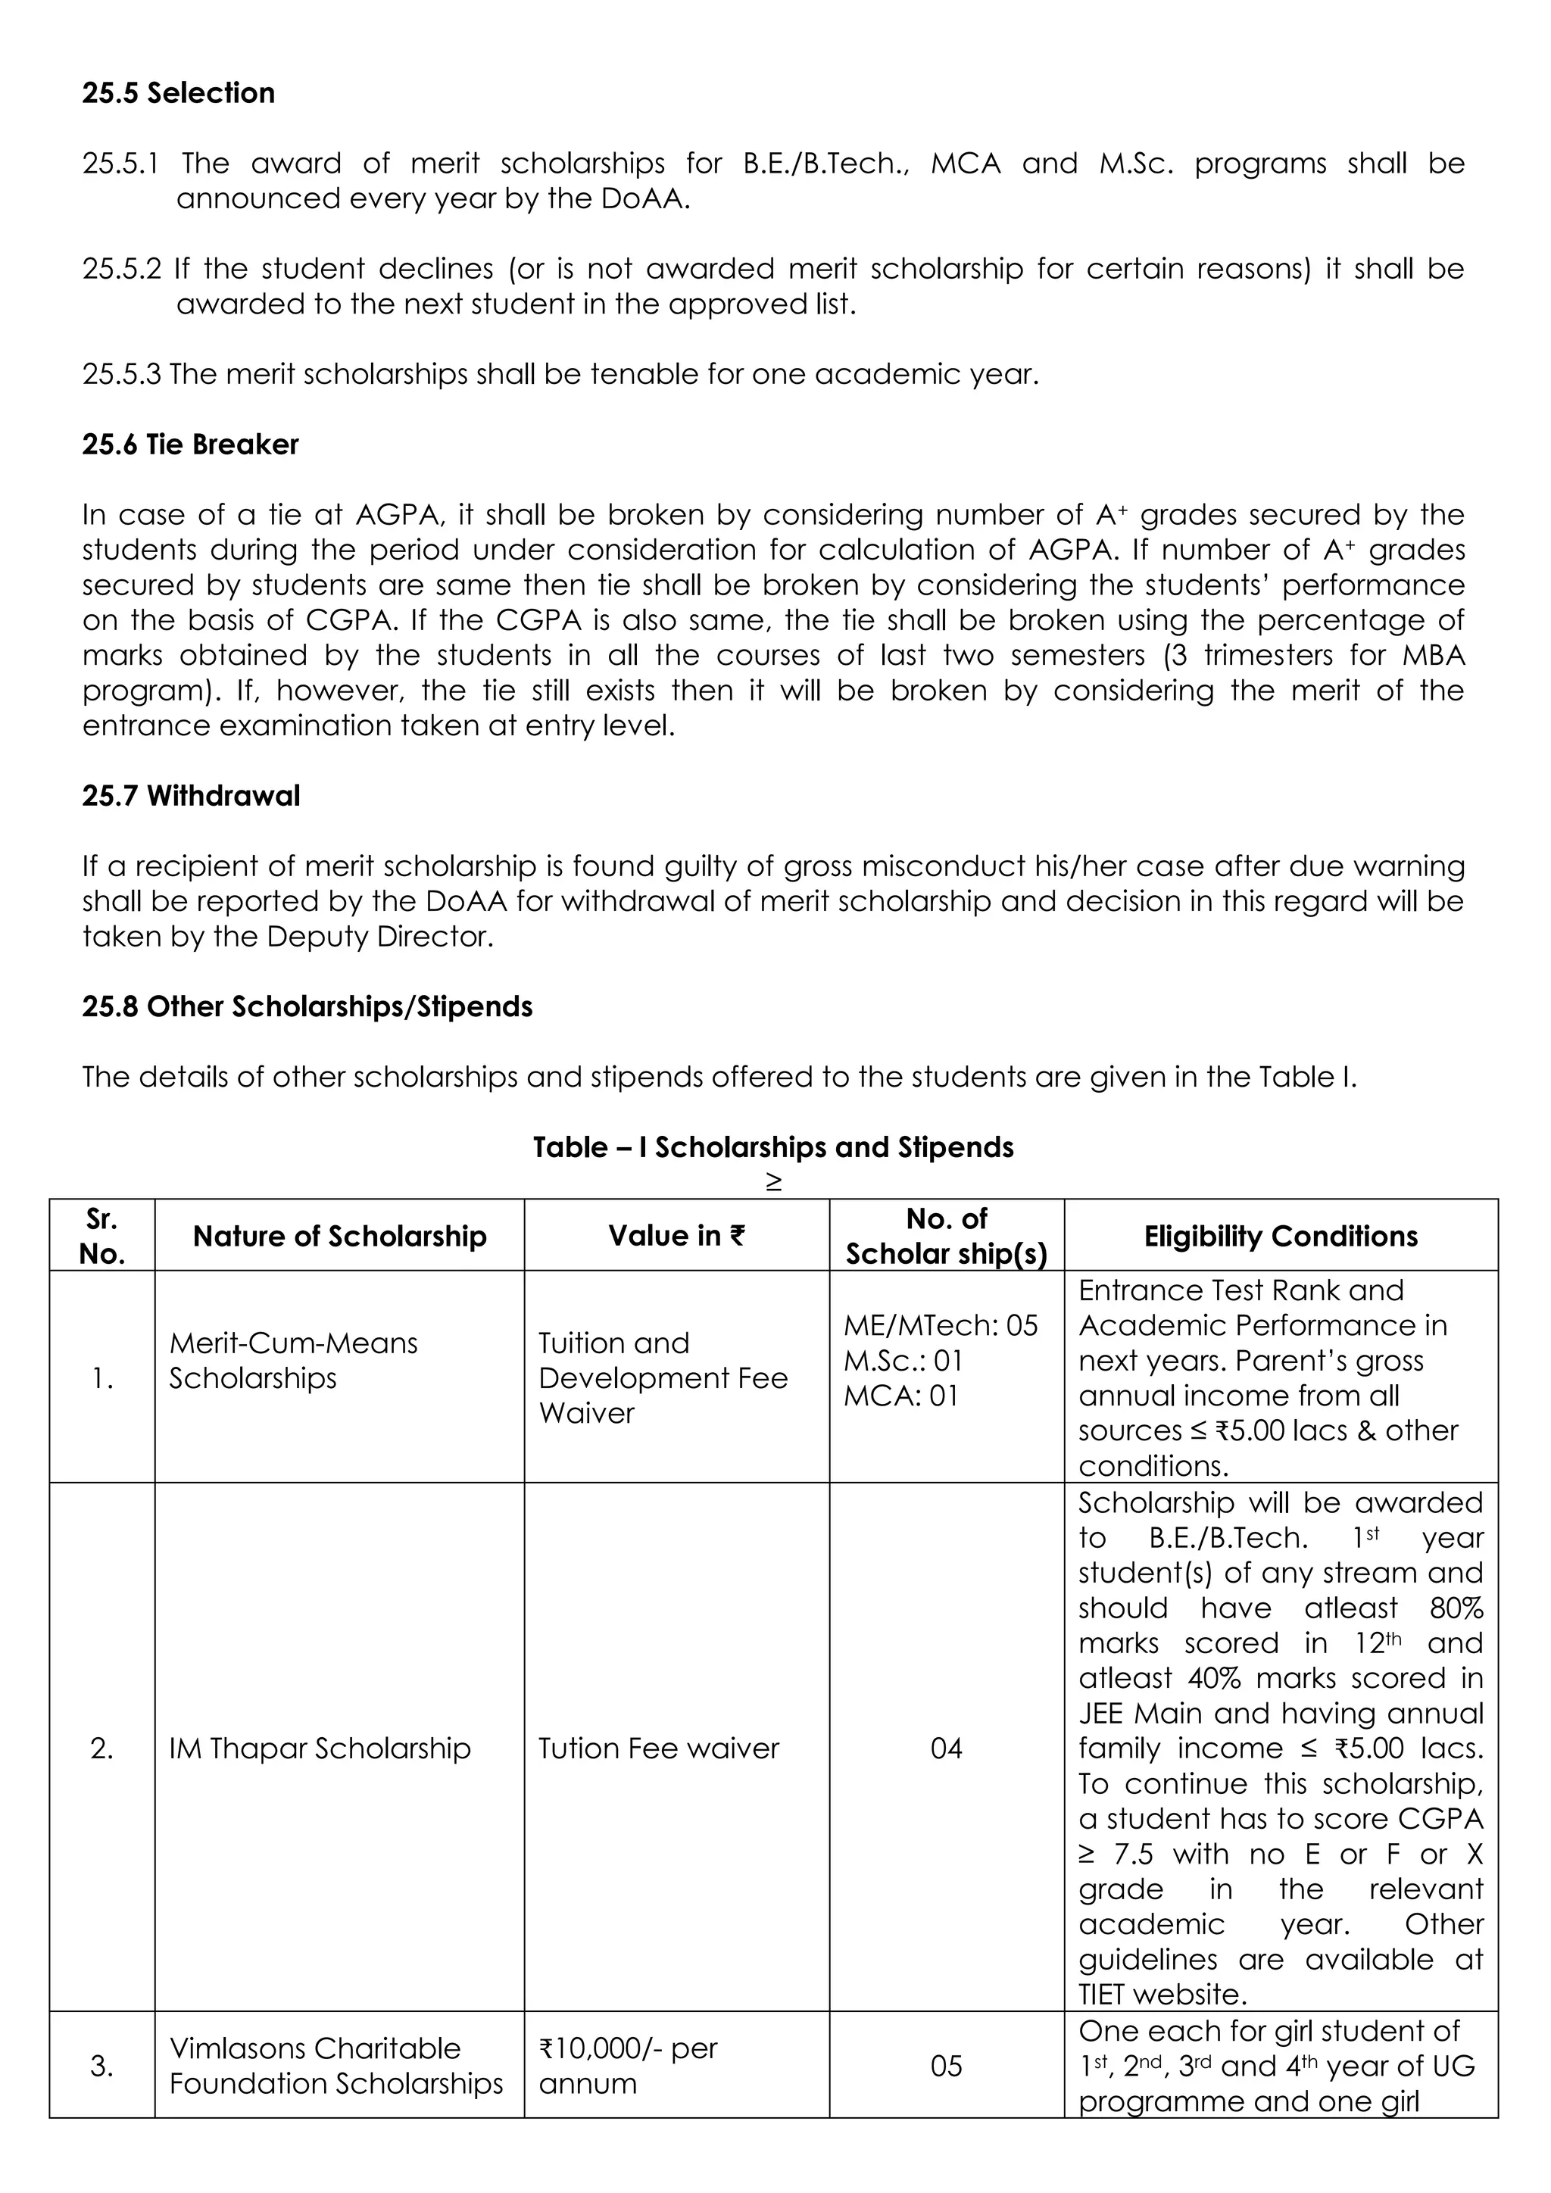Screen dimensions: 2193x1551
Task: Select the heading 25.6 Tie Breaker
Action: pyautogui.click(x=190, y=445)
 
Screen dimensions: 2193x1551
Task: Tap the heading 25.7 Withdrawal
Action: pyautogui.click(x=190, y=796)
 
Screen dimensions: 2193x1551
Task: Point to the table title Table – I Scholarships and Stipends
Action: pyautogui.click(x=772, y=1147)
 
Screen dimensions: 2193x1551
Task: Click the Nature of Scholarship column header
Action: pyautogui.click(x=339, y=1236)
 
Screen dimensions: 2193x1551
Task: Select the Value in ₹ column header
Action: pyautogui.click(x=676, y=1236)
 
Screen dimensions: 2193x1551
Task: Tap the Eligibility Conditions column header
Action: pyautogui.click(x=1280, y=1236)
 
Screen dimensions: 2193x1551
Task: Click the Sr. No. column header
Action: pyautogui.click(x=101, y=1236)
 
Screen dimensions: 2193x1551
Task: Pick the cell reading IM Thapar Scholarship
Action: pyautogui.click(x=320, y=1748)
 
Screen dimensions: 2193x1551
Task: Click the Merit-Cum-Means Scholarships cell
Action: pyautogui.click(x=293, y=1360)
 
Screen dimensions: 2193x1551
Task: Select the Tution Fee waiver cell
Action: pyautogui.click(x=658, y=1748)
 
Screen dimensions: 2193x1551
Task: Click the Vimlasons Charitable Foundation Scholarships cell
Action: pyautogui.click(x=335, y=2065)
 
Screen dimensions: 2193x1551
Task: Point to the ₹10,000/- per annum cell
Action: pyautogui.click(x=628, y=2065)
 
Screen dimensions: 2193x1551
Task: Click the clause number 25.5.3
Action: pyautogui.click(x=121, y=374)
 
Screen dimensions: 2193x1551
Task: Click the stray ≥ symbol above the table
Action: pyautogui.click(x=772, y=1183)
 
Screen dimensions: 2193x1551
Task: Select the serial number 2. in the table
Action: pyautogui.click(x=101, y=1748)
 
